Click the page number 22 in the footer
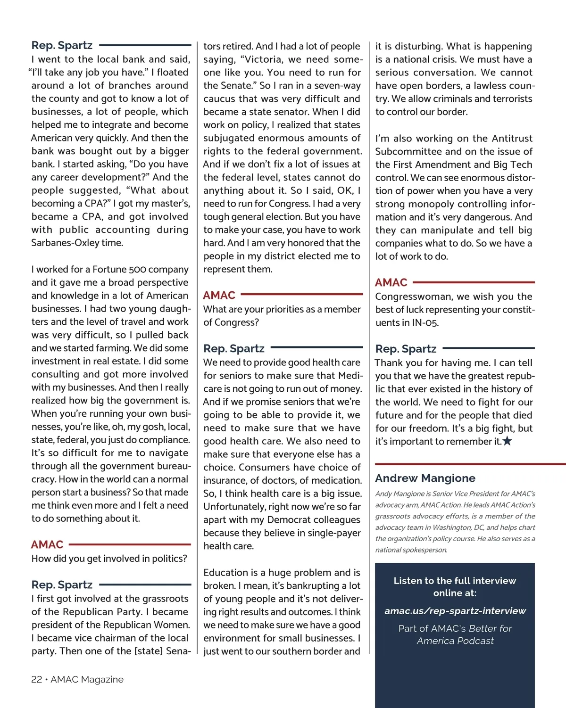tap(36, 679)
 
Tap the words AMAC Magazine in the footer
tap(87, 679)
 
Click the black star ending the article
tap(508, 441)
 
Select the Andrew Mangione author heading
tap(425, 478)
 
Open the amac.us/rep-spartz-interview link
tap(455, 611)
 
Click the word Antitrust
tap(512, 139)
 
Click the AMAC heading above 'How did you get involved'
tap(47, 544)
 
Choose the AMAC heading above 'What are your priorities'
tap(219, 296)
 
